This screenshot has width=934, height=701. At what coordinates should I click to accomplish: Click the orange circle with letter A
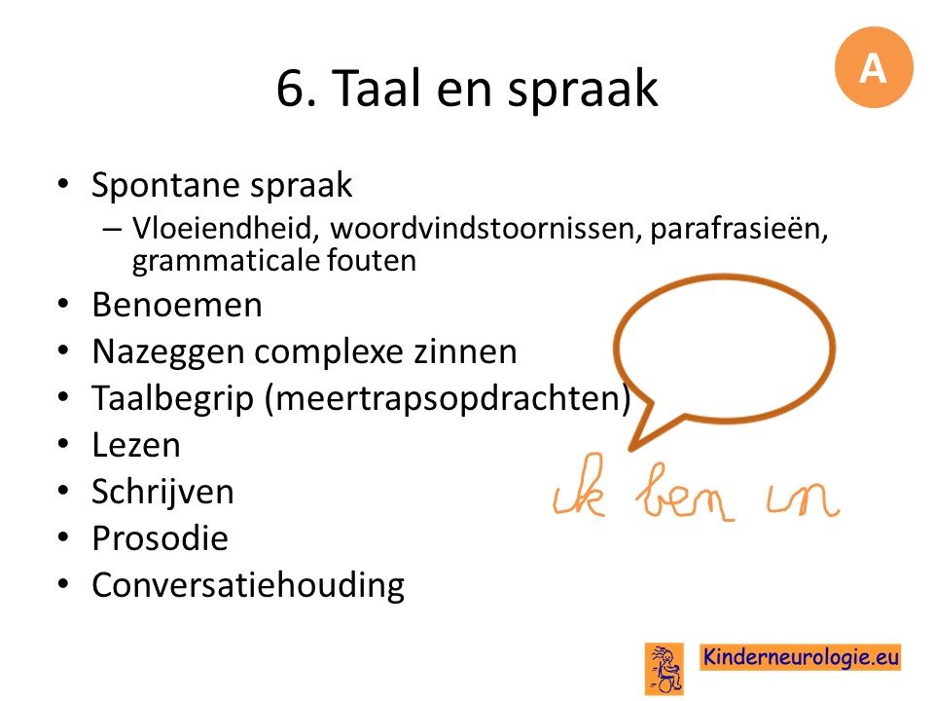pos(874,67)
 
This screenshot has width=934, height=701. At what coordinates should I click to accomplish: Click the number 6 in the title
pos(291,89)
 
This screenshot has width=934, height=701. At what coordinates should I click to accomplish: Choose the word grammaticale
pos(225,261)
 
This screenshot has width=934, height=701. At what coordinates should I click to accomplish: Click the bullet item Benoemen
pos(177,305)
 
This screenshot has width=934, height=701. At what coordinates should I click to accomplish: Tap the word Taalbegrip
pos(173,399)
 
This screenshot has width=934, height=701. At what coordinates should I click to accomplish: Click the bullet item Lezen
pos(136,445)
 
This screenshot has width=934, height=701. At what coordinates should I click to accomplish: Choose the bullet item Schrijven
pos(162,492)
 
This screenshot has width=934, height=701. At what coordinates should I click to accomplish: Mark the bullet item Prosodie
pos(161,538)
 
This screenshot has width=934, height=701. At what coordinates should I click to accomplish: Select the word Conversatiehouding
pos(248,585)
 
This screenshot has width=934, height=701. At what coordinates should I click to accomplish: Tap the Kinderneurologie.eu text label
pos(800,657)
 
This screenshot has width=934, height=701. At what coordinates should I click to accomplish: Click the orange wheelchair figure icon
pos(665,668)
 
